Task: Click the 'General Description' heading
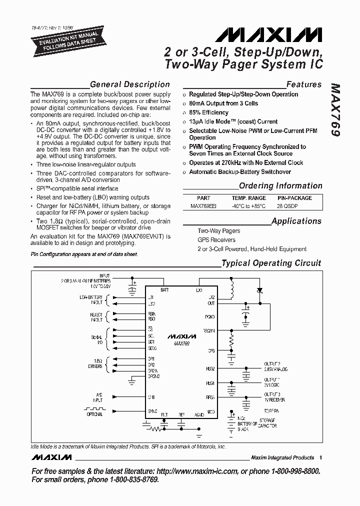point(130,84)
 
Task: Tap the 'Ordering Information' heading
point(280,186)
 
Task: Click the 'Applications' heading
point(296,221)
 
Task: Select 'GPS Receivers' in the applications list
point(215,240)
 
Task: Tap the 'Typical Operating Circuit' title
point(271,263)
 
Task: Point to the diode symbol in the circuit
point(259,290)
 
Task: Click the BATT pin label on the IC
point(164,289)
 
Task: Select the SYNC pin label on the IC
point(152,411)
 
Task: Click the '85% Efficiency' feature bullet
point(208,112)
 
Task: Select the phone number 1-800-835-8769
point(131,479)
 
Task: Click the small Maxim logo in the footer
point(51,457)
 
